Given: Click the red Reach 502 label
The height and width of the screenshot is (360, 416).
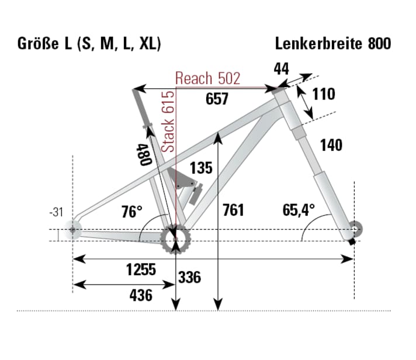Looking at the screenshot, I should coord(207,79).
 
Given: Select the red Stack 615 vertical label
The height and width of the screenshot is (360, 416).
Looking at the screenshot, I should coord(168,122).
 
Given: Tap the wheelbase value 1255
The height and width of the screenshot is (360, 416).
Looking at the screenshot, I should coord(141,269).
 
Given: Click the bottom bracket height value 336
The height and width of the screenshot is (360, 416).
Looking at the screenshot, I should coord(189,276).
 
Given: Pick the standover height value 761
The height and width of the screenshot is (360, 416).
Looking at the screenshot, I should coord(233,209).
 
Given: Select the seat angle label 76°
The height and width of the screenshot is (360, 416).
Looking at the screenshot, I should coord(132,211).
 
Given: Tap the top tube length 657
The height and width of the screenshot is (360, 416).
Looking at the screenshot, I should coord(217,99).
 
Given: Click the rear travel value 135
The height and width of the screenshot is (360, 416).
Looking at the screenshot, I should coord(200,168).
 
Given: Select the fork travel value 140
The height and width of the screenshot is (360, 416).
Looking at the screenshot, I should coord(331,144).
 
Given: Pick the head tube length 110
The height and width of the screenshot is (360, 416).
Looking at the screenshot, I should coord(323,94).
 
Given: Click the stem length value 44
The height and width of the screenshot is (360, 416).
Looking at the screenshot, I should coord(281,69).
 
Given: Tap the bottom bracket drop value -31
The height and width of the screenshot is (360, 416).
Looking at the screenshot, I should coord(56,213).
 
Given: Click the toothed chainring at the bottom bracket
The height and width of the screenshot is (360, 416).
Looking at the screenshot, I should coord(176,239).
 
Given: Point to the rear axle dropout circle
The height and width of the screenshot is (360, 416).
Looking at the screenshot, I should coord(72,230).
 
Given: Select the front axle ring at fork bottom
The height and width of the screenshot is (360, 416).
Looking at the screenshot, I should coord(355,226).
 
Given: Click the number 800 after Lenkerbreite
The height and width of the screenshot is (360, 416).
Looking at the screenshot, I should coord(379,44).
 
